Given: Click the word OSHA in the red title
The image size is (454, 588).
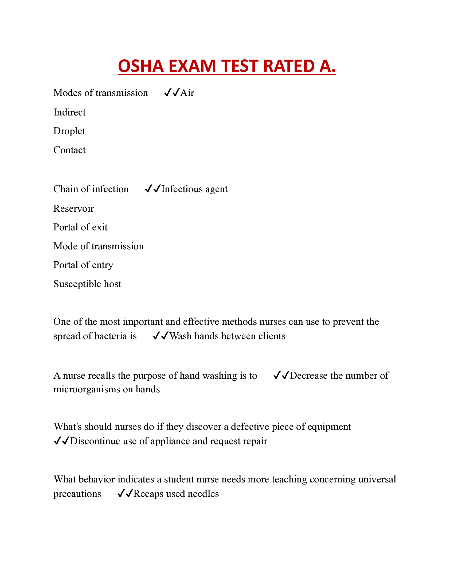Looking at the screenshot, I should point(141,66).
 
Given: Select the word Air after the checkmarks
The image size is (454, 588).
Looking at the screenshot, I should point(187,93).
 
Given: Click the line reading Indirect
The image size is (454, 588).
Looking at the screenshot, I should point(69,112).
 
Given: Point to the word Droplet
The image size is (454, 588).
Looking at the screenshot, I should point(69,131).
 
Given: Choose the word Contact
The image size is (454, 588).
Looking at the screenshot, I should point(69,150).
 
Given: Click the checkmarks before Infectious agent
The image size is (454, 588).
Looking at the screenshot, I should point(153,189).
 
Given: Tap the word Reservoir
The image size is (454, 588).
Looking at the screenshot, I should point(74,209).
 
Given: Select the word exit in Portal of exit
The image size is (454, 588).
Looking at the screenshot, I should point(100,227).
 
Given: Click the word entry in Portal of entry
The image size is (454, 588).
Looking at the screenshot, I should point(103,265).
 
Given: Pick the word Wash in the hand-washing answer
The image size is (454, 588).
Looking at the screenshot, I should point(181,336).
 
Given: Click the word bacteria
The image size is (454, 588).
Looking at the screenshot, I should point(111,336).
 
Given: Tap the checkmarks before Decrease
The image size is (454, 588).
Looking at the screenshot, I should point(281,376).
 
